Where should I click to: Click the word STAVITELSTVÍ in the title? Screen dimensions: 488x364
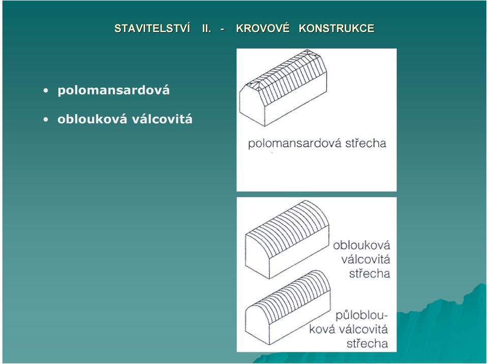[152, 28]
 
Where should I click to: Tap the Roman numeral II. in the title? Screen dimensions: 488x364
[207, 28]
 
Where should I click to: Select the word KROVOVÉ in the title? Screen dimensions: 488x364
[263, 28]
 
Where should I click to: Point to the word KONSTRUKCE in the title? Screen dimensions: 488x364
[337, 28]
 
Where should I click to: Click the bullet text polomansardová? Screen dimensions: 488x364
[113, 90]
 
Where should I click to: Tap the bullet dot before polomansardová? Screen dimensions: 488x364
[46, 91]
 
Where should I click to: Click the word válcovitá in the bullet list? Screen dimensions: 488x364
[162, 119]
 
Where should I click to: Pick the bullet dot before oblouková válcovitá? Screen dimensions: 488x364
[46, 119]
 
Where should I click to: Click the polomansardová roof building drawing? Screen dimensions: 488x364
[283, 87]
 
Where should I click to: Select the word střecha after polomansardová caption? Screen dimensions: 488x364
[365, 143]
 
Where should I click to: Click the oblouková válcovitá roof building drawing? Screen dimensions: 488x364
[287, 239]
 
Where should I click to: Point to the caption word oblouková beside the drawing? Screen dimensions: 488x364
[361, 245]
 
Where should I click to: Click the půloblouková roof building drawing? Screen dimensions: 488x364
[288, 308]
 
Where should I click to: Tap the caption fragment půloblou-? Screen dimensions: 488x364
[361, 315]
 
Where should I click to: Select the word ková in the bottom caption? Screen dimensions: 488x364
[322, 329]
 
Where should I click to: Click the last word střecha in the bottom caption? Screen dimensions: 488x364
[367, 344]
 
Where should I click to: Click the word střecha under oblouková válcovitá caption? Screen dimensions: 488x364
[370, 274]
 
